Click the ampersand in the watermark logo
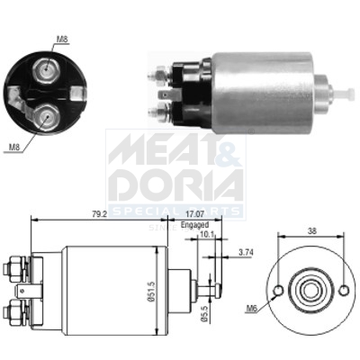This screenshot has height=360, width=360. [228, 153]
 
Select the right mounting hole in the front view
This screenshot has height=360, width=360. [339, 292]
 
